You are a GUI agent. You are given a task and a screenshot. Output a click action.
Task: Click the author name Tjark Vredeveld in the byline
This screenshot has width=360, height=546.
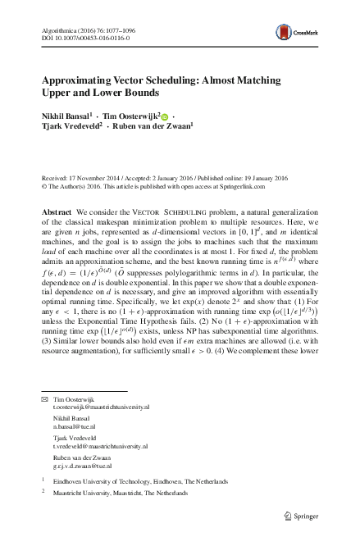click(x=70, y=131)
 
